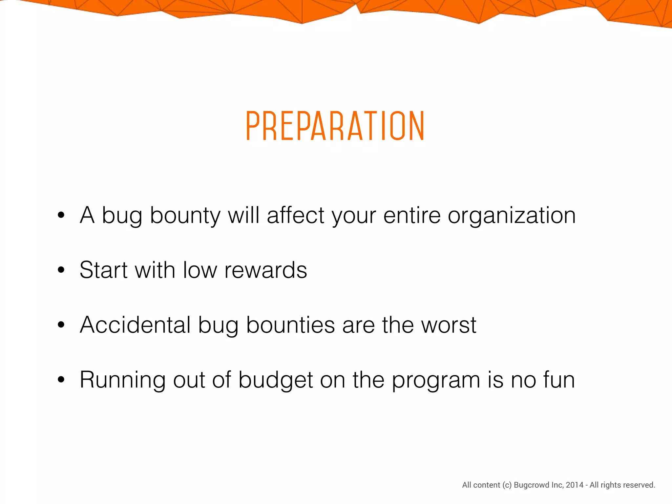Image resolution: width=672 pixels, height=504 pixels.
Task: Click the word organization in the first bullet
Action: tap(512, 216)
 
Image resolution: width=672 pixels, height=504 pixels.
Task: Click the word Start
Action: tap(103, 270)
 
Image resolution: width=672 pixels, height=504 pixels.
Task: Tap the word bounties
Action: tap(290, 325)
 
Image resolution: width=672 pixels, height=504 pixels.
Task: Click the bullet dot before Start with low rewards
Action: tap(61, 270)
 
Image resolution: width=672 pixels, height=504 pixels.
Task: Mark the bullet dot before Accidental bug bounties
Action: tap(61, 325)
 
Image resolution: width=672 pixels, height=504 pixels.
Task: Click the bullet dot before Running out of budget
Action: tap(61, 380)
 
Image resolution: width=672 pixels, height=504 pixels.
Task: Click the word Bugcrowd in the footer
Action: tap(529, 485)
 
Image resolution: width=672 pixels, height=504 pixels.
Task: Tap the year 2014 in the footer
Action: tap(575, 485)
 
